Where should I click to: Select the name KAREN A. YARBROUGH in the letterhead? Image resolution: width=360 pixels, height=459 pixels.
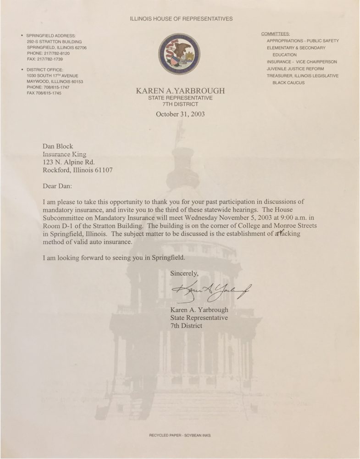click(x=180, y=91)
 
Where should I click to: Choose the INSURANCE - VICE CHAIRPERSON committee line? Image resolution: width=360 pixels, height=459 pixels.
click(x=301, y=62)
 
